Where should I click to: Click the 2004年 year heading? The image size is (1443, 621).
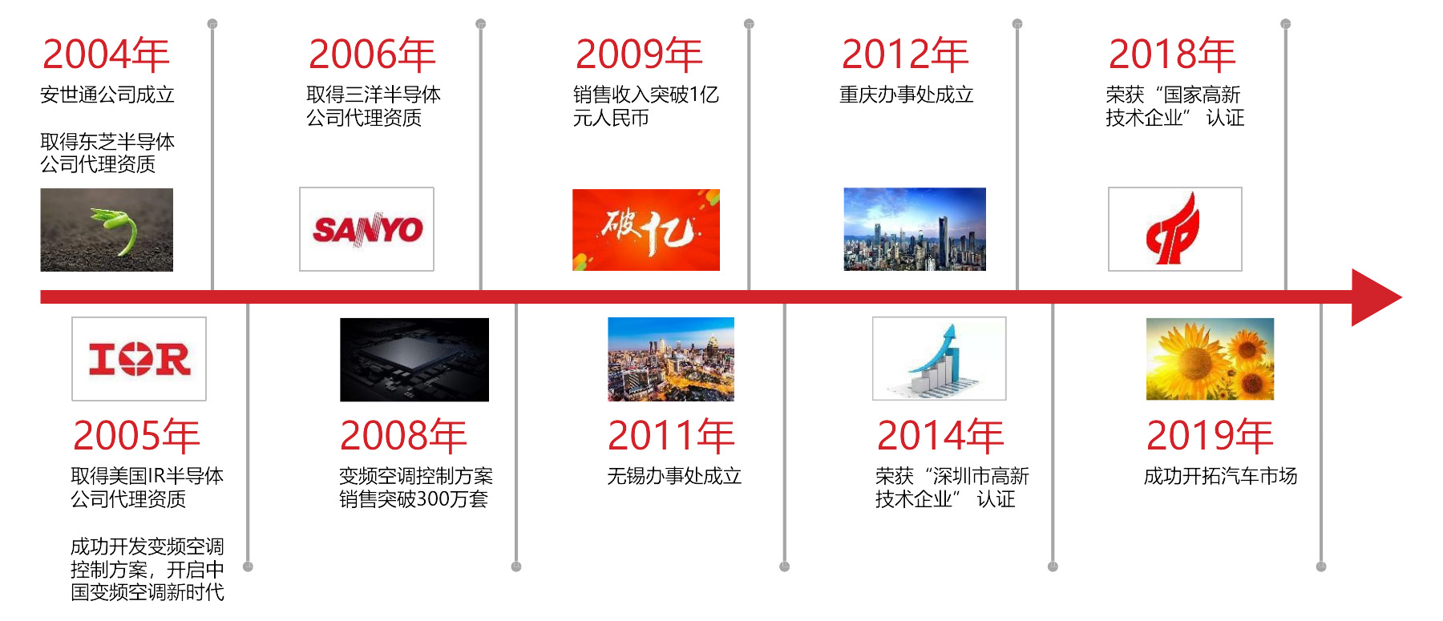coord(106,54)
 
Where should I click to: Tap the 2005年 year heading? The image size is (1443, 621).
coord(136,436)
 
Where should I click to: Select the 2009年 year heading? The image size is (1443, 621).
coord(639,54)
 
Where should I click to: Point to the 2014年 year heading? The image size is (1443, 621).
coord(940,436)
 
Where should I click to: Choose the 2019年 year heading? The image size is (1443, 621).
coord(1210,436)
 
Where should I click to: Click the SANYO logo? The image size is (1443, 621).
coord(366,229)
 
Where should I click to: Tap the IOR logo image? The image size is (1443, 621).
coord(139,359)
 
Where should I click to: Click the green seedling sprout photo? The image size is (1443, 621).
coord(107,230)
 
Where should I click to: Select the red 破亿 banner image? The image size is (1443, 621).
coord(646,230)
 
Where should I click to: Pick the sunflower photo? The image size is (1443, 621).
coord(1210,359)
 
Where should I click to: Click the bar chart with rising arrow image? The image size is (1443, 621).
coord(940,358)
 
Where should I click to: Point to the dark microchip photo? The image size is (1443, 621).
coord(414,360)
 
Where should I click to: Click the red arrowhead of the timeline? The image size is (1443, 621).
coord(1376,297)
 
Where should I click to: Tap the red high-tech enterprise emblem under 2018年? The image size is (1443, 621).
coord(1175,229)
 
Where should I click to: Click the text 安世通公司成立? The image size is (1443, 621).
coord(107,95)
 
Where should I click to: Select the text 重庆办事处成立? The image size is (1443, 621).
coord(907,95)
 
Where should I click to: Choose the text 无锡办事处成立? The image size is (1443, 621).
coord(674,476)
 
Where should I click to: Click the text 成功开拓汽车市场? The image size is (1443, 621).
coord(1220,476)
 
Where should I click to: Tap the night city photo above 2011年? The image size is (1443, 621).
coord(671,359)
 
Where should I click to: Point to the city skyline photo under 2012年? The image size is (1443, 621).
coord(915,229)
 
